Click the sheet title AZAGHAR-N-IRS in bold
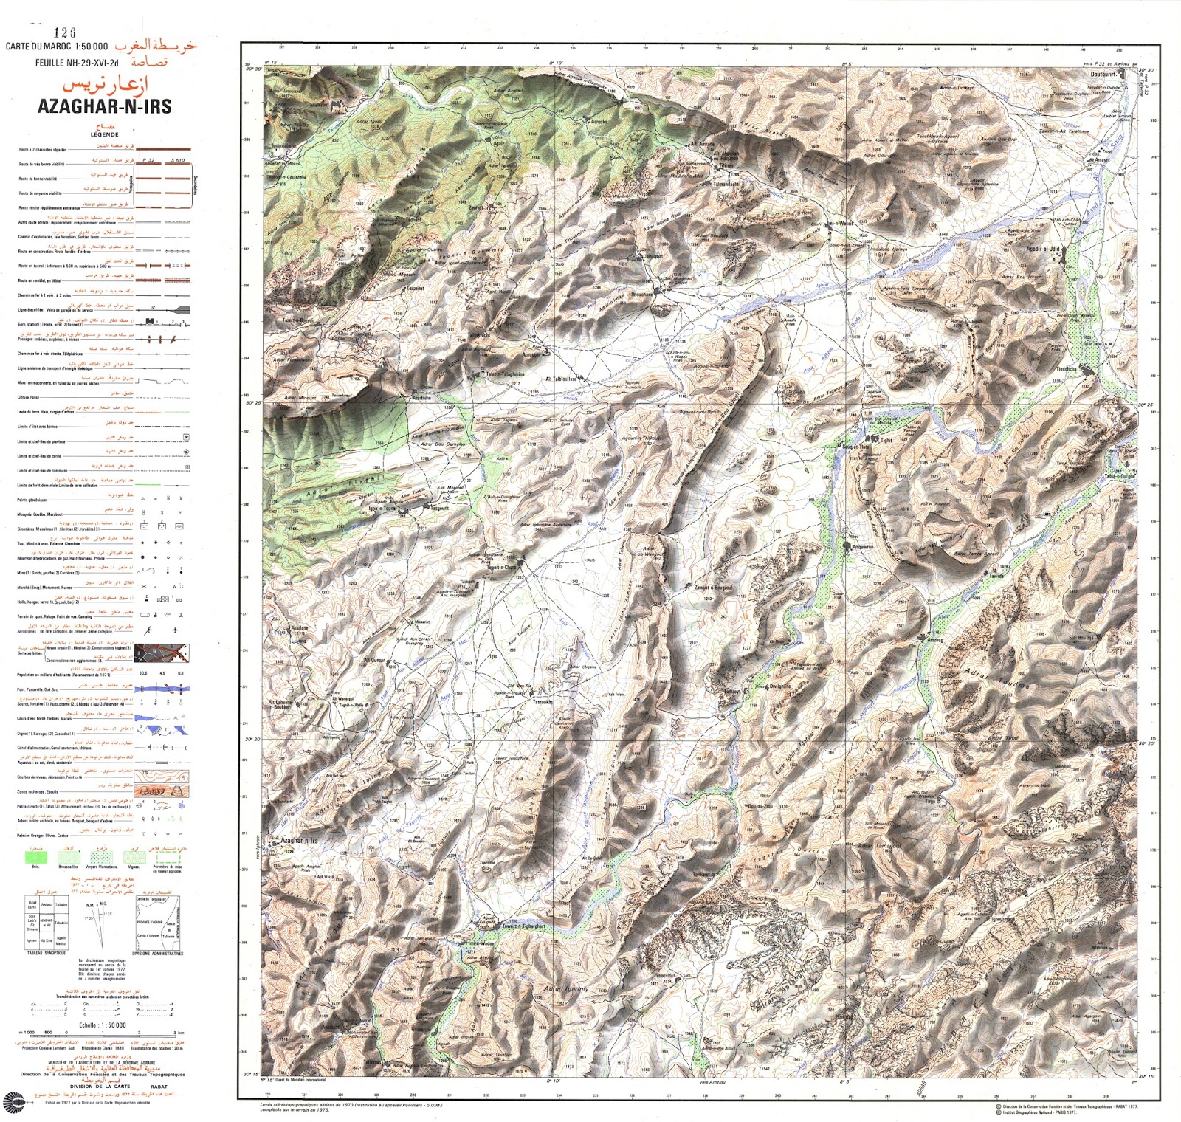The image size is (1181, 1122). (x=104, y=106)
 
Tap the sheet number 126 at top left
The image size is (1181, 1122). (x=65, y=32)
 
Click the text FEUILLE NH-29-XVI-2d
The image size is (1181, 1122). (x=77, y=63)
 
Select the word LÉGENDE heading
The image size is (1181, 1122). (x=104, y=134)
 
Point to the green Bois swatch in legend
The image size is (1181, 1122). (x=35, y=857)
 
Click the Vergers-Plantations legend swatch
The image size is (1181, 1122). (x=102, y=857)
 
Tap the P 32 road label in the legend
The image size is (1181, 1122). (x=149, y=159)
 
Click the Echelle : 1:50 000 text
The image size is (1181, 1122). (x=102, y=1025)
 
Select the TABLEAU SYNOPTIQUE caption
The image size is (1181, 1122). (x=46, y=953)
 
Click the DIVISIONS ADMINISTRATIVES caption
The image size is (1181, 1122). (x=158, y=953)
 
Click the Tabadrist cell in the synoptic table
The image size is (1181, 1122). (x=62, y=923)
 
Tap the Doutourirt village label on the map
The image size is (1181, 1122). (x=1103, y=75)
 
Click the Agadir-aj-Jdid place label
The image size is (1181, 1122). (x=1043, y=249)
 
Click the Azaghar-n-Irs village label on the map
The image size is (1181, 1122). (x=299, y=841)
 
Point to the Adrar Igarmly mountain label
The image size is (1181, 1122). (x=566, y=988)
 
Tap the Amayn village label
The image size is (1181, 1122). (x=1101, y=159)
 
